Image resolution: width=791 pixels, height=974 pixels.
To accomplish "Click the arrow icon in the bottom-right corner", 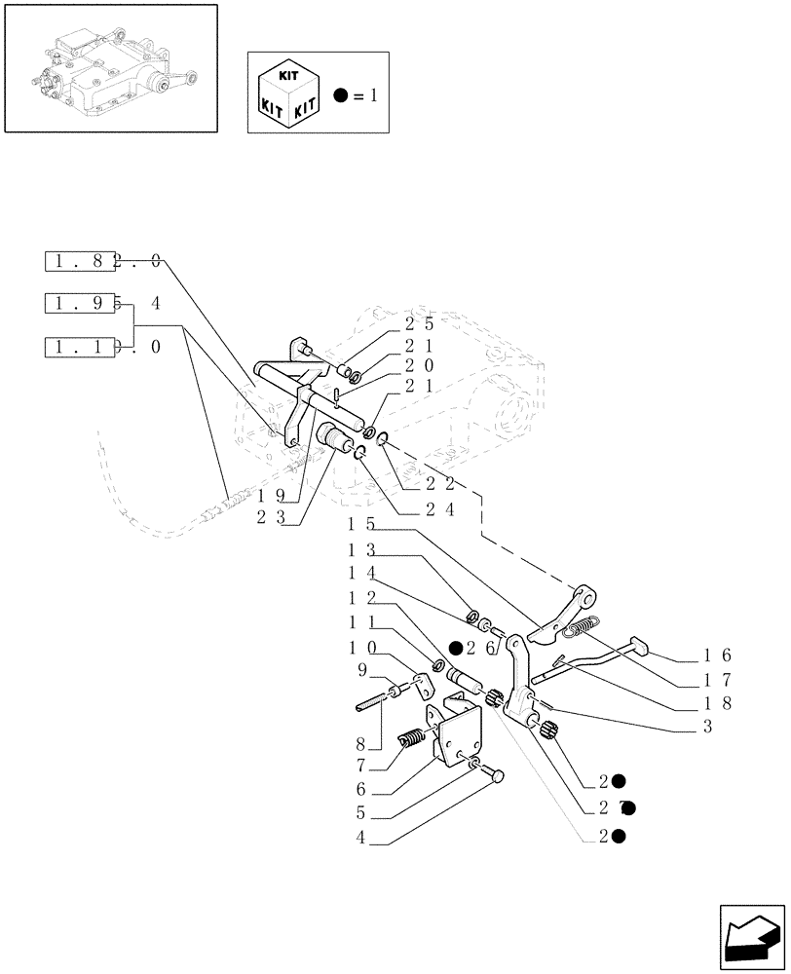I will (x=752, y=934).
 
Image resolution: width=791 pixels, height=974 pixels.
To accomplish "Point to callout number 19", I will (x=272, y=497).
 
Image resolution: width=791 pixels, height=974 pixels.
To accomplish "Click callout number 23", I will (x=272, y=518).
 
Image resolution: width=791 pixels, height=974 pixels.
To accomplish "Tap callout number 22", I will (x=440, y=483).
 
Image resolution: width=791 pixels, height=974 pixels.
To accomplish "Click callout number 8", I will (x=361, y=743).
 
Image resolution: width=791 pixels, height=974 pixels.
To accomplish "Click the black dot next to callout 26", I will (x=455, y=648).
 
